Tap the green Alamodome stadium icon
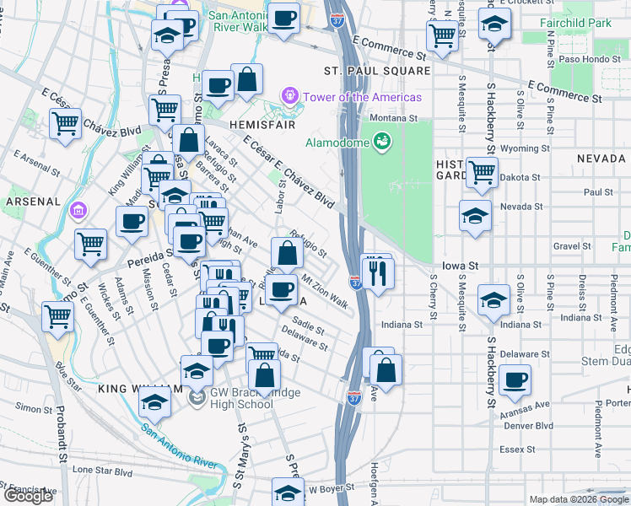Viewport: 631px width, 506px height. [381, 140]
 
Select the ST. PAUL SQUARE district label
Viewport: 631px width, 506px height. [377, 72]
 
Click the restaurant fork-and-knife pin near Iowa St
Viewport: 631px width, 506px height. [377, 272]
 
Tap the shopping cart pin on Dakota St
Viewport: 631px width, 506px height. [482, 172]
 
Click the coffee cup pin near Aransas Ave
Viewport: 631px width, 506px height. [515, 380]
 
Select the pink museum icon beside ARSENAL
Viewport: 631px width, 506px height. [78, 209]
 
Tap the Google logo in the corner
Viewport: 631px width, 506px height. [28, 496]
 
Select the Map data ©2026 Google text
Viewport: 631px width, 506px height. [578, 499]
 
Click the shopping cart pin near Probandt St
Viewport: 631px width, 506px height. [58, 317]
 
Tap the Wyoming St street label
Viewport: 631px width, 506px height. [520, 148]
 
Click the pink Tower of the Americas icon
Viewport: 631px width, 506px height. [292, 97]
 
